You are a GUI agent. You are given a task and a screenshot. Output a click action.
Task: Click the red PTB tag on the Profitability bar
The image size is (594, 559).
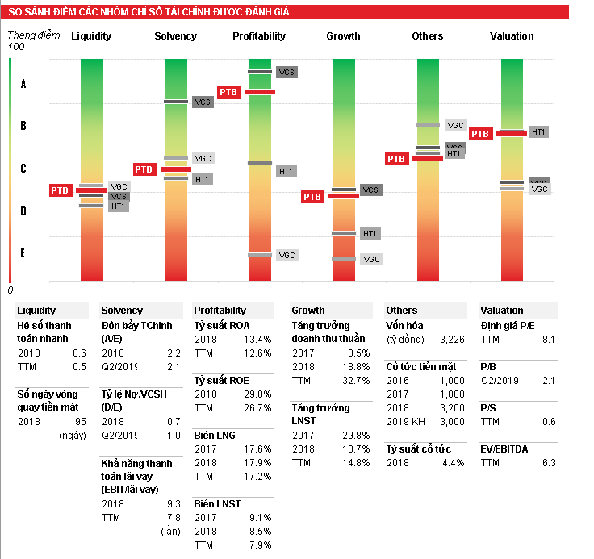[228, 92]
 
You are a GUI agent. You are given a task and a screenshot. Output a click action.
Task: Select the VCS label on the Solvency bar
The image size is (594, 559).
[203, 102]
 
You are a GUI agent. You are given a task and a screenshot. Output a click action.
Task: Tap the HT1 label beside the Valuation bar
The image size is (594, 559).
[539, 131]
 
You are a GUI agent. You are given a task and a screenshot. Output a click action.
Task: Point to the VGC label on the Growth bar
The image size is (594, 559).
[371, 259]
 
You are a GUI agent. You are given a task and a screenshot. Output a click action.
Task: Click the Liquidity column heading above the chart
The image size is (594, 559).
[91, 36]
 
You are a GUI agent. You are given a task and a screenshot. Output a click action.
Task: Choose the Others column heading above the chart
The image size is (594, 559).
[428, 36]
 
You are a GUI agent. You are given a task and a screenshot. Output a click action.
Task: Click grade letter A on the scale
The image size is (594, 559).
[23, 84]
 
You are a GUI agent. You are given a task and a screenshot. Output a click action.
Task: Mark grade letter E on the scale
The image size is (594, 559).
[23, 253]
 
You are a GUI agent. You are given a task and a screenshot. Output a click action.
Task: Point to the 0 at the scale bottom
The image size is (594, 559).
[10, 290]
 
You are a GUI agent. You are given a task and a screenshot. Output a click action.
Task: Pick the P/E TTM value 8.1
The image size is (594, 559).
[549, 340]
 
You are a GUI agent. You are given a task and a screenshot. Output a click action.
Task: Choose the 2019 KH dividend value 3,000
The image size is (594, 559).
[452, 422]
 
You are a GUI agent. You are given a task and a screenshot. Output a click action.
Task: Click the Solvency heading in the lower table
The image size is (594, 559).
[122, 311]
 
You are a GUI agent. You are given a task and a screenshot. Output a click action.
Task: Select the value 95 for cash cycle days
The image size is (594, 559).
[79, 422]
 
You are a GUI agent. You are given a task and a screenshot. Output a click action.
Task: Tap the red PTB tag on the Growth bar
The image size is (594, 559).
[312, 196]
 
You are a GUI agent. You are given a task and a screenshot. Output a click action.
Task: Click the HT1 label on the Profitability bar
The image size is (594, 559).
[286, 171]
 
